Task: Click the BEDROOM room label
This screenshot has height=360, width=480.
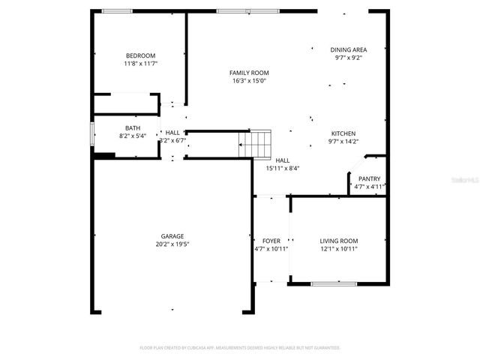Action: point(140,55)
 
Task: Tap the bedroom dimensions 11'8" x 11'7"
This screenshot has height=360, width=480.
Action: point(140,64)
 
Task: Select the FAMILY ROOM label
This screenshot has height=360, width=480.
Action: point(249,73)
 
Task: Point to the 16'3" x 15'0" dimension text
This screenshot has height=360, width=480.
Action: point(249,81)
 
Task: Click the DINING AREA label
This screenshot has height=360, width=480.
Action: point(349,49)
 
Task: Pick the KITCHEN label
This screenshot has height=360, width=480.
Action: point(343,133)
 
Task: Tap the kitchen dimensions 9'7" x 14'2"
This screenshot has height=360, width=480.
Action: point(343,142)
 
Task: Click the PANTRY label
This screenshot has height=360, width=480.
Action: point(369,178)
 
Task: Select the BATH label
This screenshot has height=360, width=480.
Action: point(133,128)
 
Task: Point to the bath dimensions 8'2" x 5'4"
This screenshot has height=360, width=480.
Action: point(133,136)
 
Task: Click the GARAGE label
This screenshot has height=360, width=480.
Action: point(172,235)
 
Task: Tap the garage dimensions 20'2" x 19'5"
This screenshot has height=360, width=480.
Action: point(172,244)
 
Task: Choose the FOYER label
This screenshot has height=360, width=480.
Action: point(271,241)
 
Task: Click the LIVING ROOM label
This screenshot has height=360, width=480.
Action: point(339,241)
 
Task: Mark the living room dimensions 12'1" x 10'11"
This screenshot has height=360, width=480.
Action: point(339,249)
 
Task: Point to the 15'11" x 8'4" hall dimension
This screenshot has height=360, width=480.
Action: point(282,169)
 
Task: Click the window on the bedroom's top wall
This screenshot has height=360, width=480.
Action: point(117,10)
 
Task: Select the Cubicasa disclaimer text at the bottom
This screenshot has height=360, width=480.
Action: point(240,348)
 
